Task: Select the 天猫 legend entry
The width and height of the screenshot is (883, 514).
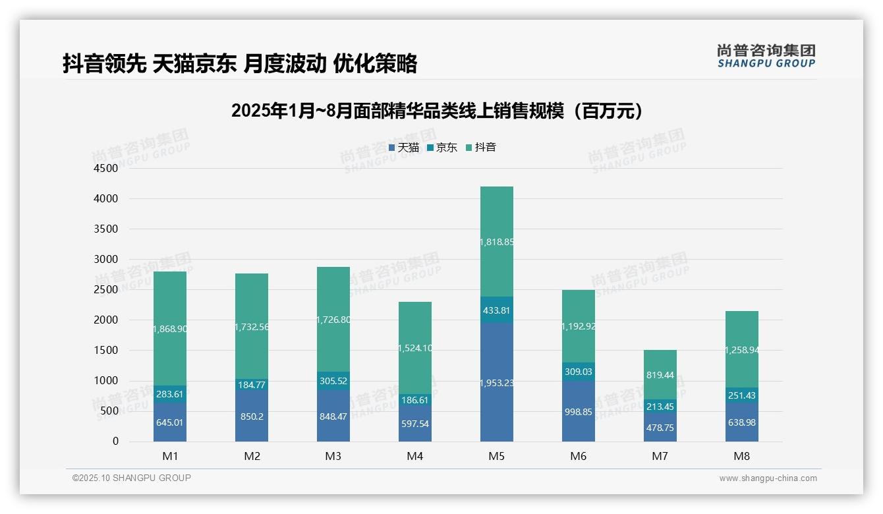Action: point(404,148)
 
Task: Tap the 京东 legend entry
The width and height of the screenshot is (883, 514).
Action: point(442,148)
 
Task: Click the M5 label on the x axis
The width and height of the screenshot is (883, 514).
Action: point(497,456)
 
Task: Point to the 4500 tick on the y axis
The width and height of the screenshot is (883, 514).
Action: point(106,169)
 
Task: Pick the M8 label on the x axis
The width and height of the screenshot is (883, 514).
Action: point(742,456)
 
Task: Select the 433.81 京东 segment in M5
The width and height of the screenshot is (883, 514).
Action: point(497,310)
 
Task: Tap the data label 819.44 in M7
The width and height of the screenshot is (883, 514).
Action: point(660,374)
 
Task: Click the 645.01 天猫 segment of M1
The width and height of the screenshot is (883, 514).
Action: point(170,422)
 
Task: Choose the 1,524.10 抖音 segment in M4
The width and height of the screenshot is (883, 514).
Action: point(415,348)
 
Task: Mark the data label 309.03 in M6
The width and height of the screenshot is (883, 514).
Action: point(579,372)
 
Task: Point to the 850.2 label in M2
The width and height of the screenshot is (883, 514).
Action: point(252,416)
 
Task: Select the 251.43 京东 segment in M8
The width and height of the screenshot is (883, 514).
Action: point(742,395)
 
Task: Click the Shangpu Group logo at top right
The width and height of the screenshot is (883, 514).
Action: point(766,55)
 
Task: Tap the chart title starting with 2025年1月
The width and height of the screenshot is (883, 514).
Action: point(437,111)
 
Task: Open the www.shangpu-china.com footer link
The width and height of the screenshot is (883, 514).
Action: point(768,478)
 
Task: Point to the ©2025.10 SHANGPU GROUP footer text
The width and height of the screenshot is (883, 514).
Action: point(132,478)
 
